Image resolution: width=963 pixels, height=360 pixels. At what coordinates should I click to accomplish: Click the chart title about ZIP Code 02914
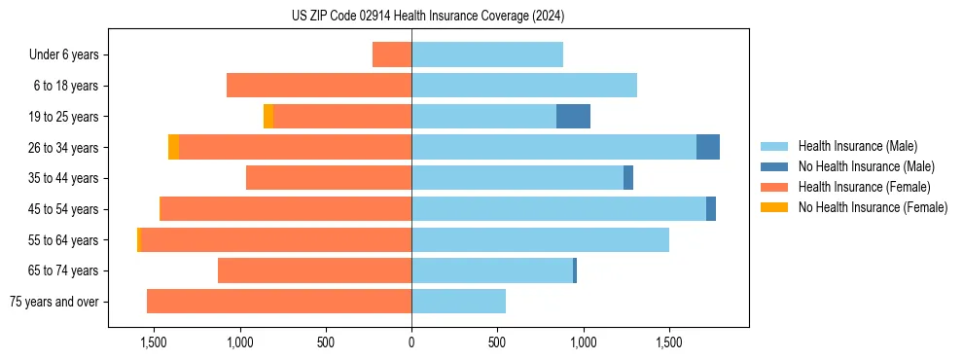(428, 17)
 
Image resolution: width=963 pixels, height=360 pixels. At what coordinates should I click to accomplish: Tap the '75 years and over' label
(54, 302)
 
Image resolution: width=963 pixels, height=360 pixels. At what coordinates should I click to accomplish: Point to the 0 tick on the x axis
(411, 342)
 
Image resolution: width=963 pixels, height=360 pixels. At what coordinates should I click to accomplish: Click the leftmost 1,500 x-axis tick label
(154, 342)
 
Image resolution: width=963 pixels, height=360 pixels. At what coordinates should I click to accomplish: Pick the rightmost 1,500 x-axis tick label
(669, 342)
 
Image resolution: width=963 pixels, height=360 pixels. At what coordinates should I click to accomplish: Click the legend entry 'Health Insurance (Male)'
(857, 146)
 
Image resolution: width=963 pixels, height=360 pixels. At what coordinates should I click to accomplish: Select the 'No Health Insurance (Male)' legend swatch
(774, 166)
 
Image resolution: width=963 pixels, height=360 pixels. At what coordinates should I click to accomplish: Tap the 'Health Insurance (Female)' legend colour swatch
(774, 187)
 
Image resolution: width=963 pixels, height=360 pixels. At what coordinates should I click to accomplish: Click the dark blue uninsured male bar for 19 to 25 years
(573, 117)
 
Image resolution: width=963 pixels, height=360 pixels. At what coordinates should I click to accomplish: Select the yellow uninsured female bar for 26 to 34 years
(173, 147)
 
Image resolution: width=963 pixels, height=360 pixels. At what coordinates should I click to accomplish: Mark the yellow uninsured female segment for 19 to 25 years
(268, 117)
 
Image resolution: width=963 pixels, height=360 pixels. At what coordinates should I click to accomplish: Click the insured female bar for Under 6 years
(392, 54)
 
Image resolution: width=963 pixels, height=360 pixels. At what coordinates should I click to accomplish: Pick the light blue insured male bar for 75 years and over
(458, 302)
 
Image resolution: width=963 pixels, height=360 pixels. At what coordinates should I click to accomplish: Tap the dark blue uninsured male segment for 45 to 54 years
(711, 209)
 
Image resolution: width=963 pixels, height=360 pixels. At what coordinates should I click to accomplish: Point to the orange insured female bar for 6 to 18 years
(319, 86)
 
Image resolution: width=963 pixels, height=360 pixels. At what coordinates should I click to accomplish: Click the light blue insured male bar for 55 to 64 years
(540, 239)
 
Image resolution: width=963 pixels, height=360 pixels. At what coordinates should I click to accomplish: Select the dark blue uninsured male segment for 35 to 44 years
(628, 178)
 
